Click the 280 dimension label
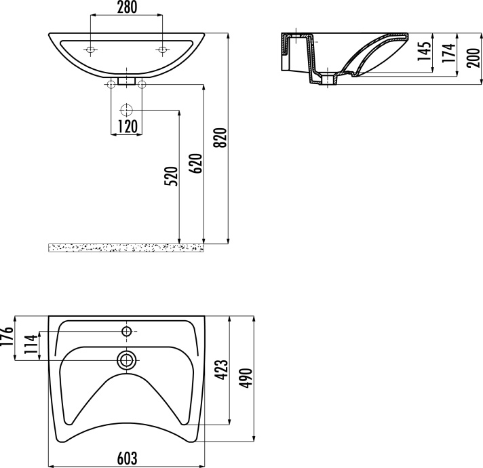point(128,7)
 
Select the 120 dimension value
point(128,126)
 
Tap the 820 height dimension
point(221,137)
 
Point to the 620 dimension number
point(196,163)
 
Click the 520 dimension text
point(172,176)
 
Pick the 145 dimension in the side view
point(425,51)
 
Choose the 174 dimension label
point(449,54)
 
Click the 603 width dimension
point(128,459)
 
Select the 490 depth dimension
point(246,378)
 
